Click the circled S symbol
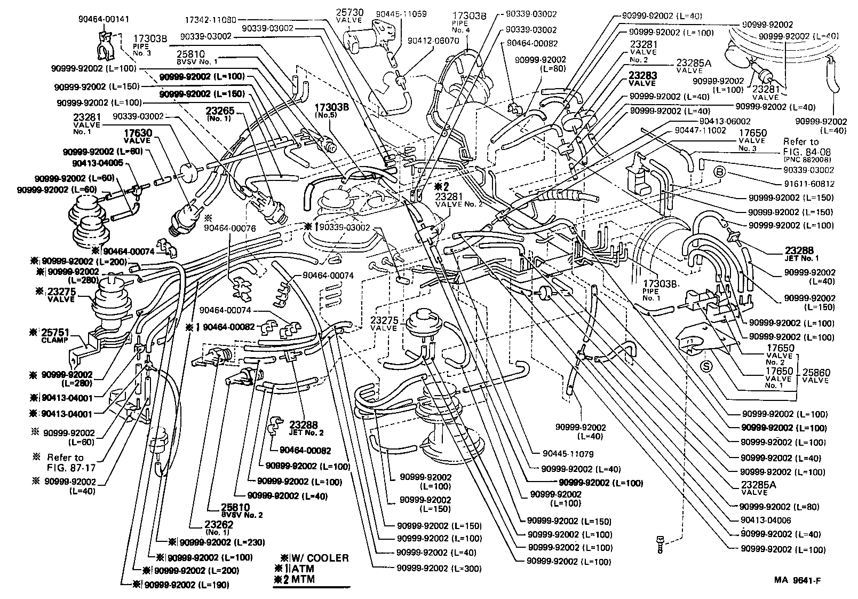707,366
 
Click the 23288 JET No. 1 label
801,253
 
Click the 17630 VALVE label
138,137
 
